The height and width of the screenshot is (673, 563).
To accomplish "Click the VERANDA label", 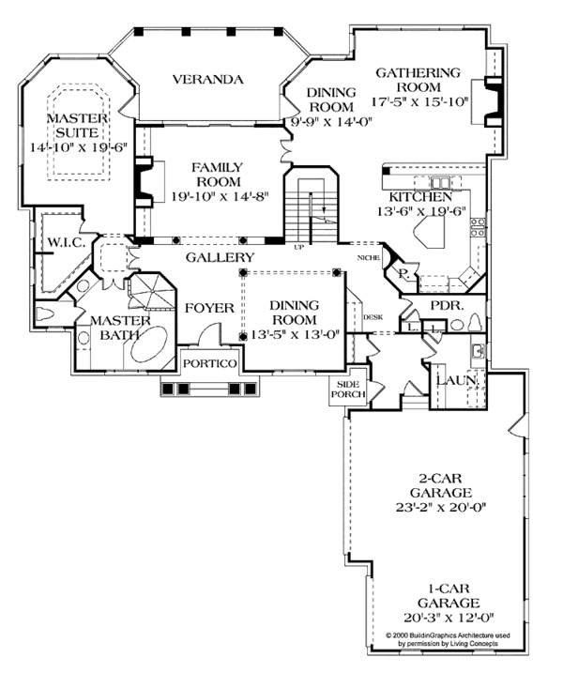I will tap(207, 79).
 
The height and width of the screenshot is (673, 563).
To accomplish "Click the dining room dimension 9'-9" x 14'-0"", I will tap(330, 120).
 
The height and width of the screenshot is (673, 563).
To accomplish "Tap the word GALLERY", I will tap(220, 257).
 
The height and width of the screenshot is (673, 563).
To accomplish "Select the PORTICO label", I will tap(208, 363).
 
